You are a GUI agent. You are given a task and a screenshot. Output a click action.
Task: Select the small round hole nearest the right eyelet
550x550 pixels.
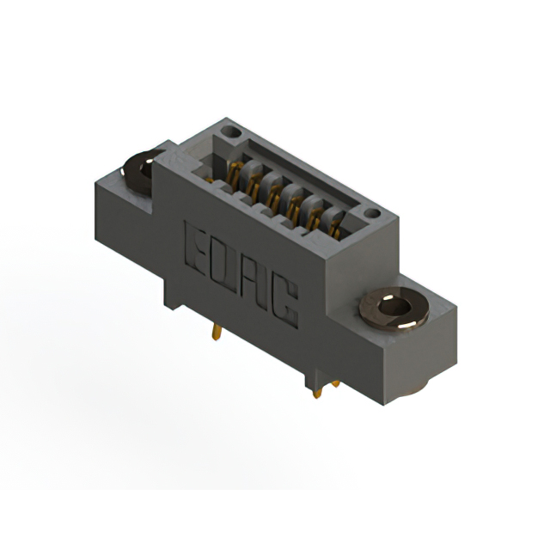[x=371, y=212]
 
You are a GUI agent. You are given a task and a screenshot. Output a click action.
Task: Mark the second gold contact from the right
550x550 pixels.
[x=315, y=220]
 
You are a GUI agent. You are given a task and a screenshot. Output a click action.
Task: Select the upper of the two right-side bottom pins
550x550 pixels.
[x=334, y=384]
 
